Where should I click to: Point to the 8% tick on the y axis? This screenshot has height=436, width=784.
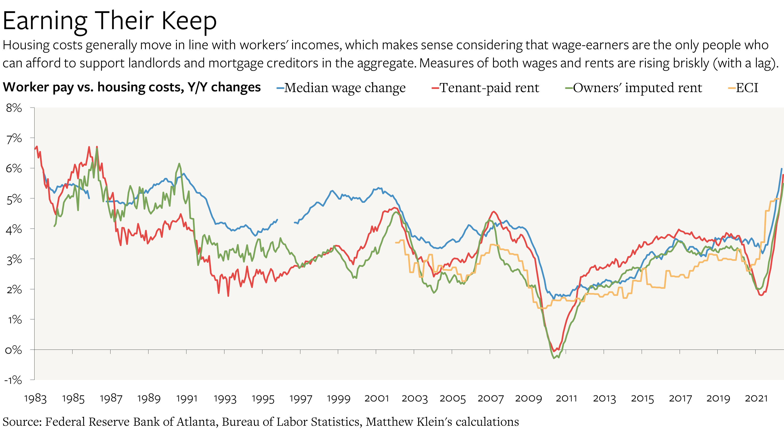tap(14, 108)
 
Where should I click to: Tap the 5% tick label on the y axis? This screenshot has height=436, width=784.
tap(14, 199)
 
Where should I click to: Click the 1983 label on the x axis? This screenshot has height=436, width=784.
tap(35, 398)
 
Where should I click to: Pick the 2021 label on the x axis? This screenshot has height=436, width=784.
tap(756, 398)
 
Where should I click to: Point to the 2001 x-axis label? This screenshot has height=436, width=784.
tap(377, 398)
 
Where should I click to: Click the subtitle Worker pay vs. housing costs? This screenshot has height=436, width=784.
tap(132, 87)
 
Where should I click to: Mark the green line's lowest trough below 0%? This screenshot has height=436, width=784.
tap(554, 358)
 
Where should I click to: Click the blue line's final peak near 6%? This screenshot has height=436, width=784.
tap(782, 169)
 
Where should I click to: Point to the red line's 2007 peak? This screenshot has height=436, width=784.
tap(494, 212)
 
